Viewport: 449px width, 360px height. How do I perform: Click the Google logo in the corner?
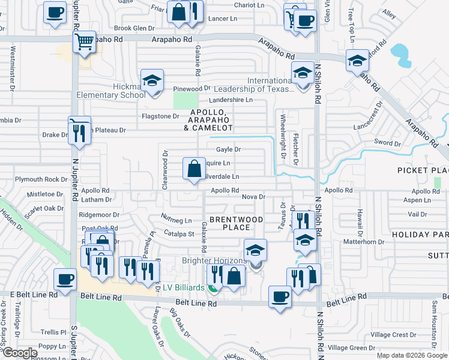(x=19, y=353)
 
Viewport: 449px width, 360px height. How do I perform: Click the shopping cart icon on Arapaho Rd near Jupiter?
(x=85, y=42)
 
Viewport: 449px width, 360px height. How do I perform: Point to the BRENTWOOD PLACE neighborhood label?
(x=237, y=223)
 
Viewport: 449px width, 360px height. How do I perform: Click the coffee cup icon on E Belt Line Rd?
(x=65, y=279)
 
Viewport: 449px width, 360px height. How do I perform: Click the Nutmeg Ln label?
(x=176, y=220)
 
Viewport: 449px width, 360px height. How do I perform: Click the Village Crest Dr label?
(x=393, y=334)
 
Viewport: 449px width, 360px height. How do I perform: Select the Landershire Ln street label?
(x=231, y=100)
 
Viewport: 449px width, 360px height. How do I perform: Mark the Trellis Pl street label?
(x=53, y=332)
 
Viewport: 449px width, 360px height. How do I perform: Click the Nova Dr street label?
(x=253, y=197)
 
